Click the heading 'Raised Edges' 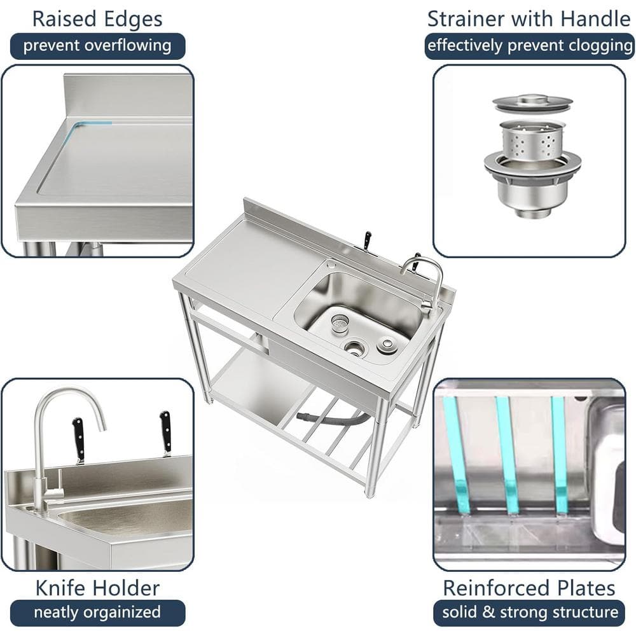tap(97, 19)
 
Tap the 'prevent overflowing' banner tap(97, 46)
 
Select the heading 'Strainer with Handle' tap(529, 19)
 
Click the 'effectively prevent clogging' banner tap(530, 46)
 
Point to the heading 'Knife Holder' tap(97, 588)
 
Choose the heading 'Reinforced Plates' tap(529, 588)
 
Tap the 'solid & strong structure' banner tap(530, 612)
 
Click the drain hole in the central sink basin tap(355, 348)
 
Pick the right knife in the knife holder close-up tap(165, 433)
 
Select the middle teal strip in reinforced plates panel tap(507, 455)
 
